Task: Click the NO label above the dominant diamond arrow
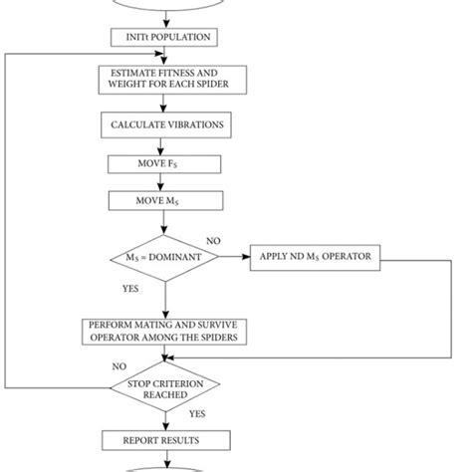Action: pyautogui.click(x=213, y=241)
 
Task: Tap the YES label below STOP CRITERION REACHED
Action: pyautogui.click(x=197, y=412)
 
